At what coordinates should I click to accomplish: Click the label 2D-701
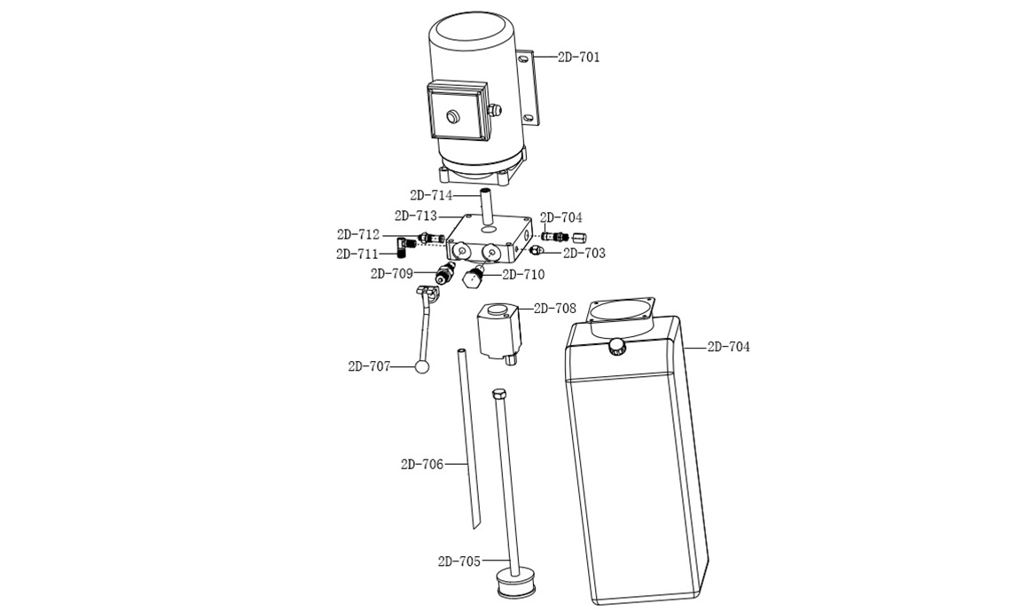578,57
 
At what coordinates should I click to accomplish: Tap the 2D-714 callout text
431,195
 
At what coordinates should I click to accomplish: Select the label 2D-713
415,216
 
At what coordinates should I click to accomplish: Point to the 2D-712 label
358,235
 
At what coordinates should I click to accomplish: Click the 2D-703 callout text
584,254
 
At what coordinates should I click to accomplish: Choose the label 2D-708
555,309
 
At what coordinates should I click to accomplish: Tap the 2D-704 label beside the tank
729,347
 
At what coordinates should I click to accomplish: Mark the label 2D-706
421,464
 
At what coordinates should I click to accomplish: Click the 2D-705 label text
459,561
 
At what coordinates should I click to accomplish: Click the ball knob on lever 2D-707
423,366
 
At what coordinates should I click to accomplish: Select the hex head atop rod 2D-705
499,394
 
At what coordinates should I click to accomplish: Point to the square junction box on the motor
457,110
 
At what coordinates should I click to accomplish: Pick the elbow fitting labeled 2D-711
405,246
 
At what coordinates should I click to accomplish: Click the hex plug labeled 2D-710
473,278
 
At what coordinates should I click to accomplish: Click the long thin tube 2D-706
469,438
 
